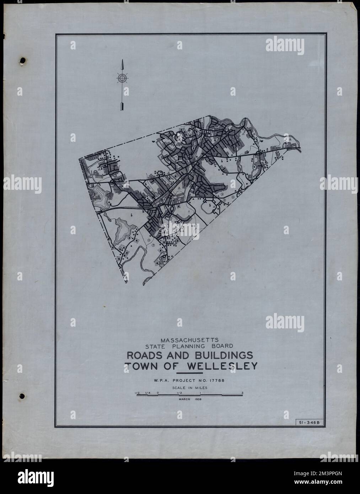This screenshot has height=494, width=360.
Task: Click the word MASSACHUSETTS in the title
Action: pyautogui.click(x=191, y=339)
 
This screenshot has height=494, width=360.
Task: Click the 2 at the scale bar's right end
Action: pyautogui.click(x=242, y=393)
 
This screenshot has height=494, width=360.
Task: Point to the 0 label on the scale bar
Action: pyautogui.click(x=157, y=393)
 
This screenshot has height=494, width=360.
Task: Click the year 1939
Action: pyautogui.click(x=198, y=399)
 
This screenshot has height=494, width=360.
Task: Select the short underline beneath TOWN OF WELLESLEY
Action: pyautogui.click(x=192, y=373)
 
